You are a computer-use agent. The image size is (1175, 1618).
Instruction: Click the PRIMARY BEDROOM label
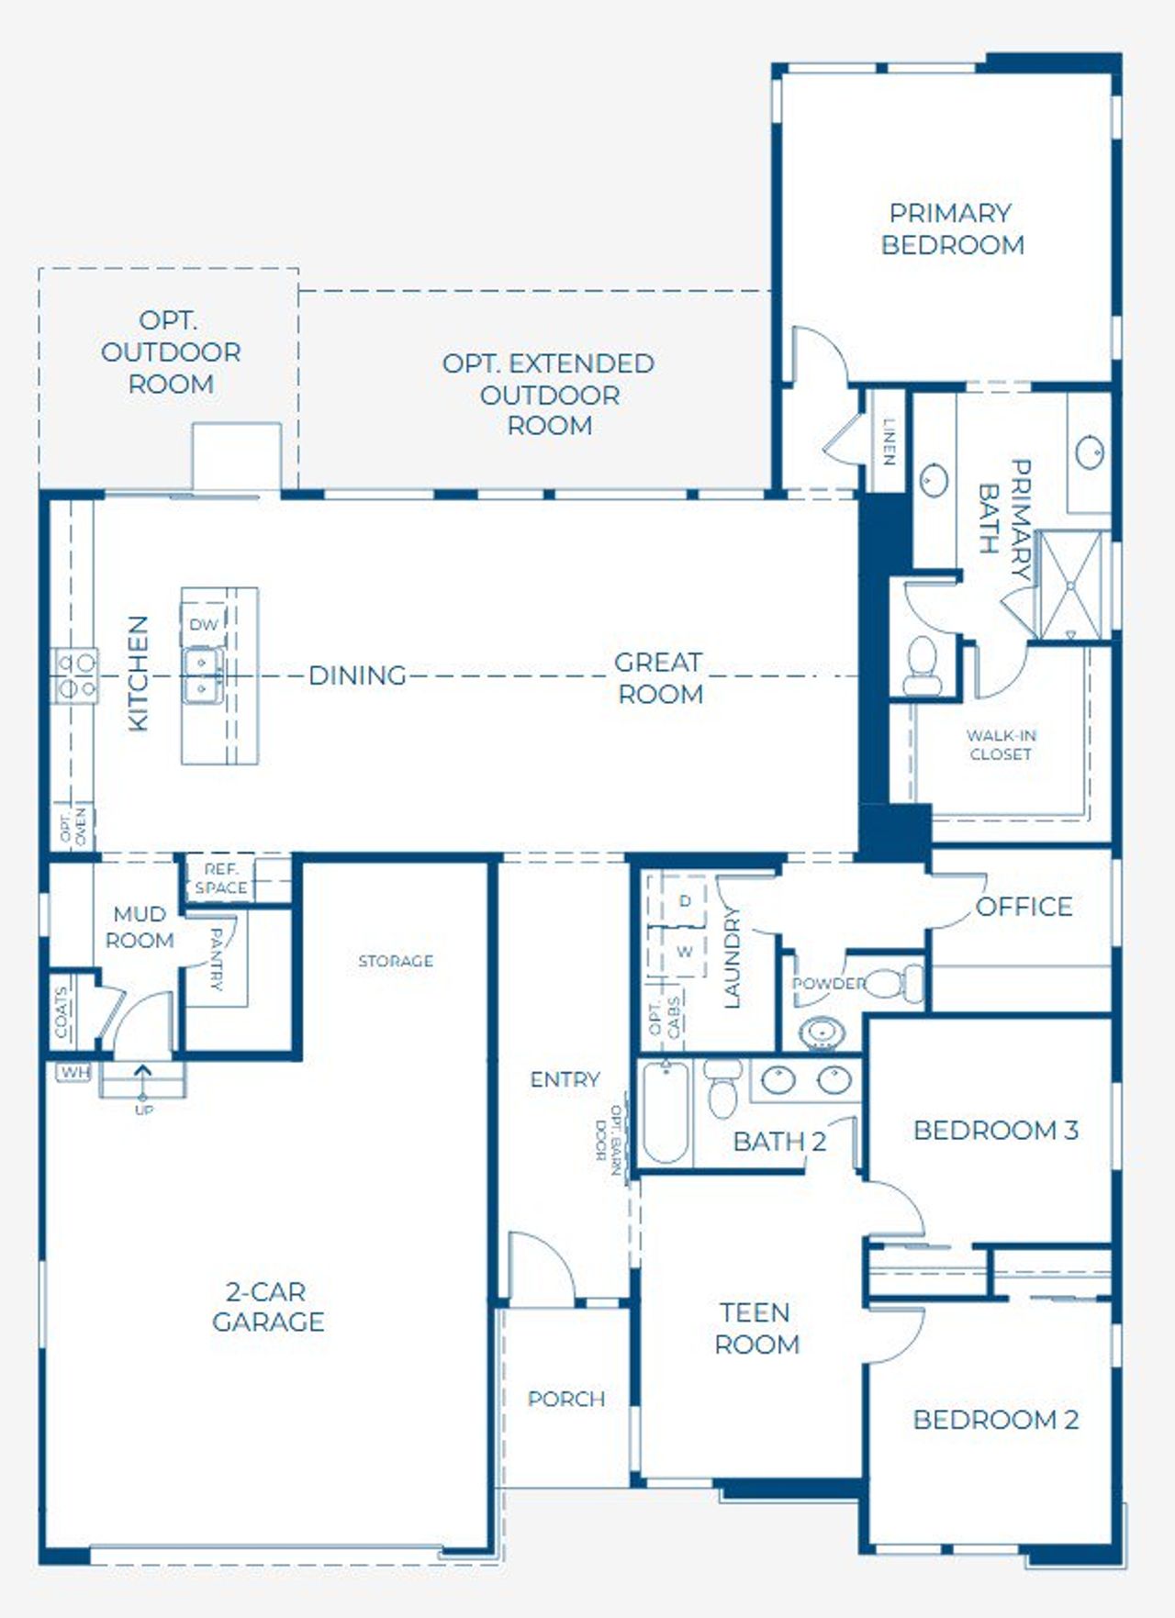pos(952,229)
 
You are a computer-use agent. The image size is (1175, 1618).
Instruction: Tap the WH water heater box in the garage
pos(74,1072)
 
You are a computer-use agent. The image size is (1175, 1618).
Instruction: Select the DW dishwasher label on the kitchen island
pos(204,625)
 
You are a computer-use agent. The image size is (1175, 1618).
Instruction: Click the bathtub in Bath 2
pos(665,1111)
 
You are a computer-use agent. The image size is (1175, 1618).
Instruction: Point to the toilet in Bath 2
pos(724,1089)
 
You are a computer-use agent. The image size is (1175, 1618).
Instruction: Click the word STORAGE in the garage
pos(396,961)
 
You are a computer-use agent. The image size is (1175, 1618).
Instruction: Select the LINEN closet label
pos(889,441)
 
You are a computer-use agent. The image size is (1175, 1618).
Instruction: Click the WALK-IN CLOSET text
pos(1001,744)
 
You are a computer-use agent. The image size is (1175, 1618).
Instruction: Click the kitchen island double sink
pos(201,675)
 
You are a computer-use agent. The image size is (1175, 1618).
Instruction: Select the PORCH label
pos(566,1399)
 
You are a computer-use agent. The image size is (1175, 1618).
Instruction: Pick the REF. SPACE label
pos(220,878)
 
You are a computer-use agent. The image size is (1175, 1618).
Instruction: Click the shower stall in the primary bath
pos(1070,585)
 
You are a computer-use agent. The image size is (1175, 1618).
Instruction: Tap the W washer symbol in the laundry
pos(684,953)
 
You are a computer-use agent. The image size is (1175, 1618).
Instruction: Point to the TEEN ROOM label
pos(756,1328)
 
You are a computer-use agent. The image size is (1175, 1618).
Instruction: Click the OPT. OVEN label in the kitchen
pos(73,826)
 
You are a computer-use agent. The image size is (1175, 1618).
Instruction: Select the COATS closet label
pos(62,1012)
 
